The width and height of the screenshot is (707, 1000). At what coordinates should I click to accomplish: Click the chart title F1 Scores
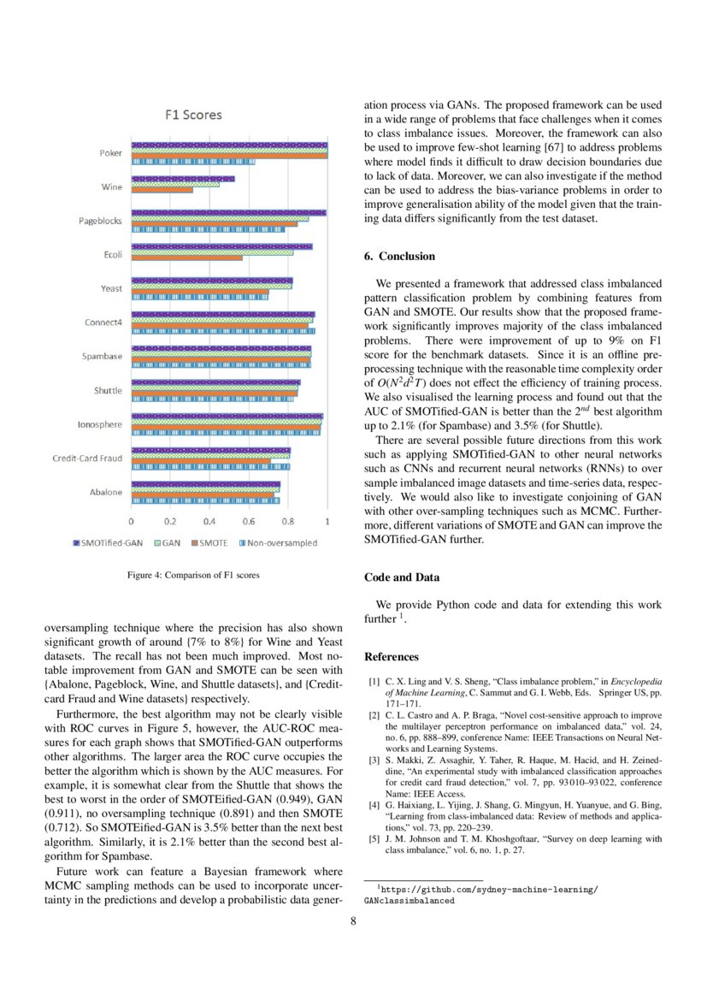point(193,115)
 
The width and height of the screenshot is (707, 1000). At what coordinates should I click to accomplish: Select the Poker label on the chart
point(110,153)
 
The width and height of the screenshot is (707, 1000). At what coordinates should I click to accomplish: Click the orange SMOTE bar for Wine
point(162,190)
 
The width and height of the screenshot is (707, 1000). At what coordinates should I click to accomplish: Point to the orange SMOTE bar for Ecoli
point(186,257)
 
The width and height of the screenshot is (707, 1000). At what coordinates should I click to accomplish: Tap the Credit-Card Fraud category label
point(86,459)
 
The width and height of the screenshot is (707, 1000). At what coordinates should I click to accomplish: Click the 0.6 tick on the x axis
point(249,521)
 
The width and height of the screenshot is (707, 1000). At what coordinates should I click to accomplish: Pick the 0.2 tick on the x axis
point(170,521)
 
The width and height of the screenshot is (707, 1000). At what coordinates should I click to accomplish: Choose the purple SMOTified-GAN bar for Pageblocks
point(228,213)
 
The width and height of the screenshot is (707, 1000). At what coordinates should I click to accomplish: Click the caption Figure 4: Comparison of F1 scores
point(193,575)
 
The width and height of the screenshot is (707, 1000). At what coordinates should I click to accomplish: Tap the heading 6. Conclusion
point(399,256)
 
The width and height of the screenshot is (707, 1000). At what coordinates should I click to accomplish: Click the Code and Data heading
point(402,577)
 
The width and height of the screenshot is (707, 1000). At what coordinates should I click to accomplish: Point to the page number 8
point(353,921)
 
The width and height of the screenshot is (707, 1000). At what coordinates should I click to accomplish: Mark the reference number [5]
point(374,839)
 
